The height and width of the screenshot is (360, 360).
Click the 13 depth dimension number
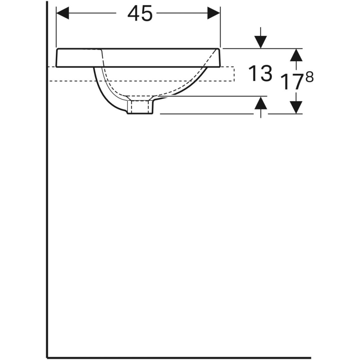click(260, 74)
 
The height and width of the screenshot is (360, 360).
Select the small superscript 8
click(310, 77)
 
